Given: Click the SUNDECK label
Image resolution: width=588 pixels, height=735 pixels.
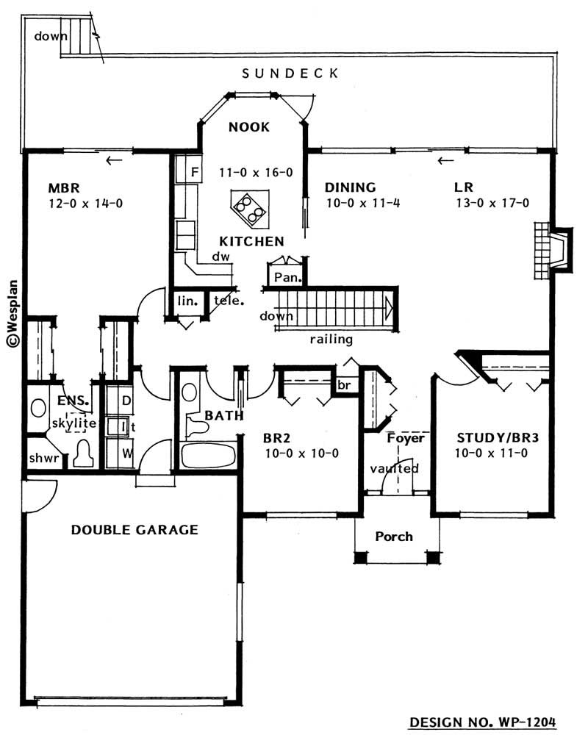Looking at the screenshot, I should [290, 73].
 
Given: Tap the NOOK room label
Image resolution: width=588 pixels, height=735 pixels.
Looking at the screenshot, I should [248, 127].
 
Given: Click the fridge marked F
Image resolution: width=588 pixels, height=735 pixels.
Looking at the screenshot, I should [195, 173].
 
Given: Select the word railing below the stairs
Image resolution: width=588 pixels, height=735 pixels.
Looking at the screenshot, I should [331, 340].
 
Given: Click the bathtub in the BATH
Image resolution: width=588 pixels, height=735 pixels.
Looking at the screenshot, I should [209, 456].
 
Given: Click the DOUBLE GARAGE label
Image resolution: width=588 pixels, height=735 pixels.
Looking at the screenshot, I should [135, 529].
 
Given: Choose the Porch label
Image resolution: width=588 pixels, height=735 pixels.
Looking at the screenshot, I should [393, 536].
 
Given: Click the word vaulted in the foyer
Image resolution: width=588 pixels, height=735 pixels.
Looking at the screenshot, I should [394, 468].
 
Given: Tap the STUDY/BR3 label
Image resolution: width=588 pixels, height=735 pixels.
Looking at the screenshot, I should [491, 438].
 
